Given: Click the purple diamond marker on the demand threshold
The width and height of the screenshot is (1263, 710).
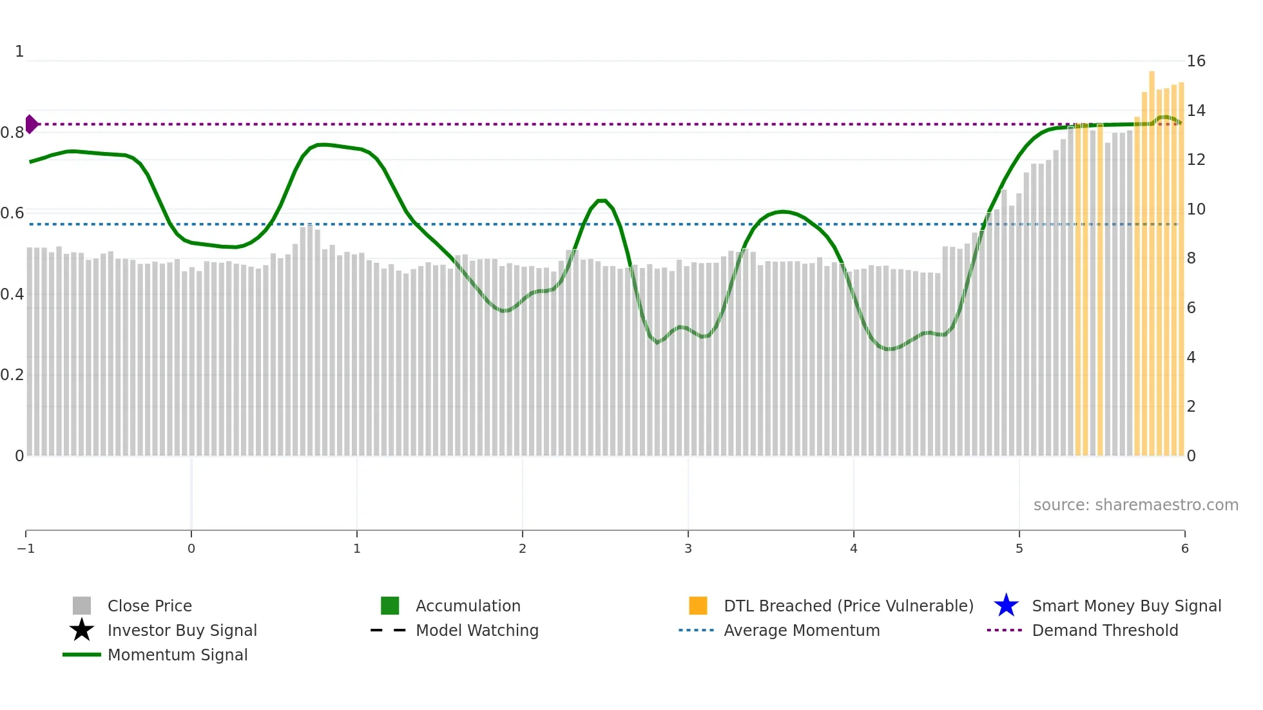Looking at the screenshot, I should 32,124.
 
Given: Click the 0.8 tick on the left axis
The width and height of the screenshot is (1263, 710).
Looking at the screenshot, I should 12,133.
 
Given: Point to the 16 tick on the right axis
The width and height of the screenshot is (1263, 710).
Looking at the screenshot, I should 1195,61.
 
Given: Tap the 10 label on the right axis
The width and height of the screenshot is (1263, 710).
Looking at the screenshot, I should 1195,209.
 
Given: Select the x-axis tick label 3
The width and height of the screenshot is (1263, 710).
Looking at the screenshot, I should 688,548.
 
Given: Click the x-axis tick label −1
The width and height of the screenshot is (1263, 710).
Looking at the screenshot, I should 26,548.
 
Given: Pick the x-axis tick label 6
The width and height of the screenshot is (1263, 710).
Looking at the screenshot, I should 1184,548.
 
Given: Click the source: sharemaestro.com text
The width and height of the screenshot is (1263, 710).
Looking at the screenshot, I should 1135,504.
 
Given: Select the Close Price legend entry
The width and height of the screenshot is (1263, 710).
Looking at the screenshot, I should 149,606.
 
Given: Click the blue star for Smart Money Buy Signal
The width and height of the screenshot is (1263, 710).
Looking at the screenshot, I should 1006,606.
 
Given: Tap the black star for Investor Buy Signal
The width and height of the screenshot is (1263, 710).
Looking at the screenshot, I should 82,630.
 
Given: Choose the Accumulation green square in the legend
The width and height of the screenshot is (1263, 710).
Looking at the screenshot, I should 390,606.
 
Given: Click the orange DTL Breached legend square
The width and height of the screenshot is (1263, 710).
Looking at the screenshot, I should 698,606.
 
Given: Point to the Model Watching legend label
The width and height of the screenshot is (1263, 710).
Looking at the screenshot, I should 477,630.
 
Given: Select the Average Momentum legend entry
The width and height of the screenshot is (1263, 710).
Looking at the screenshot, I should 801,630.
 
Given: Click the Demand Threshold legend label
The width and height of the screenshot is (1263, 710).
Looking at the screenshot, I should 1104,630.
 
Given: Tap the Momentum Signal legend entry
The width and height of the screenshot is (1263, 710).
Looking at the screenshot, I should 177,655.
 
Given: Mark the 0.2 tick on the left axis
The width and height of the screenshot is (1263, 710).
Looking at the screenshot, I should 12,375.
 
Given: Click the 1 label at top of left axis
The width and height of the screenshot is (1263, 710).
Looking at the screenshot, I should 19,52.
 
